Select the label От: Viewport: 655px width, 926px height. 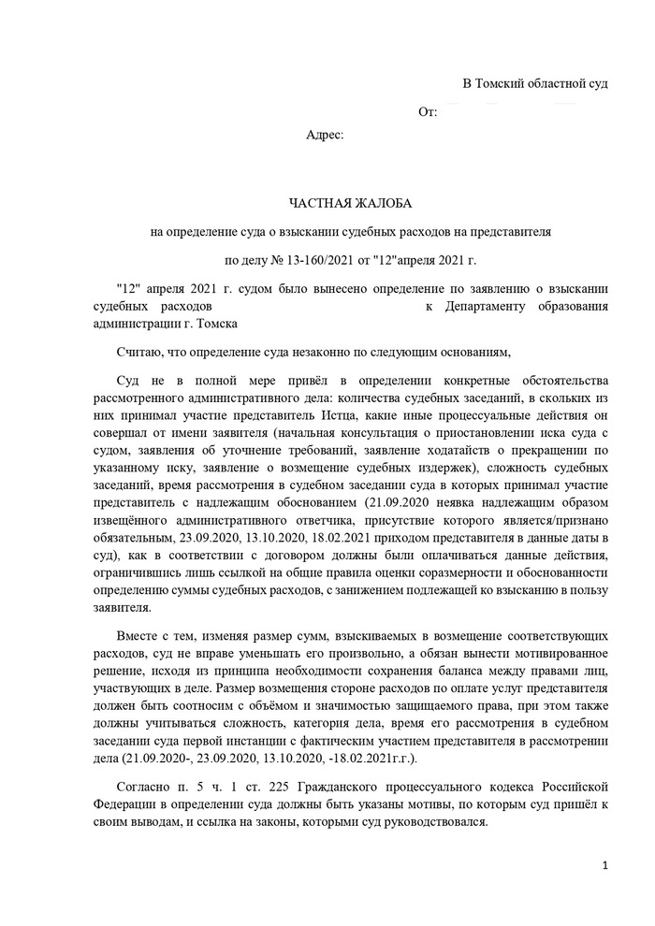[428, 112]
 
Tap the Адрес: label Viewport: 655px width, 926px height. [326, 135]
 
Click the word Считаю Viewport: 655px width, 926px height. [138, 351]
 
